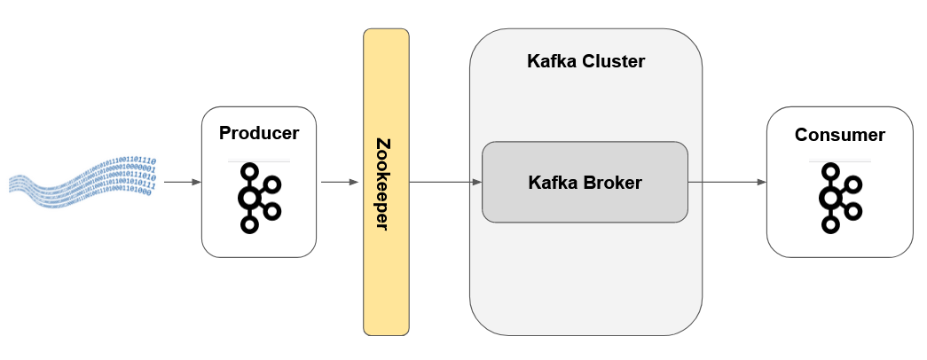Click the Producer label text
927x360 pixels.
[x=258, y=134]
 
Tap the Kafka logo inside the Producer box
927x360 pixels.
[x=258, y=198]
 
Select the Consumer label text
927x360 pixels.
[x=839, y=135]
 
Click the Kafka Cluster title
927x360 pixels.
[x=585, y=62]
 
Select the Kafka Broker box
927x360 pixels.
[x=585, y=182]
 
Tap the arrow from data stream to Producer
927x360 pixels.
[x=183, y=182]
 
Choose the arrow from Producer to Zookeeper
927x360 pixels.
[x=340, y=182]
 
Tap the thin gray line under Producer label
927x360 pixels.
[x=258, y=160]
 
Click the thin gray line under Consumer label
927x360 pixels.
[x=839, y=160]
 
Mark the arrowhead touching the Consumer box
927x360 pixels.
[x=761, y=182]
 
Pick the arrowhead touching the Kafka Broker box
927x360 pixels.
[x=476, y=182]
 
